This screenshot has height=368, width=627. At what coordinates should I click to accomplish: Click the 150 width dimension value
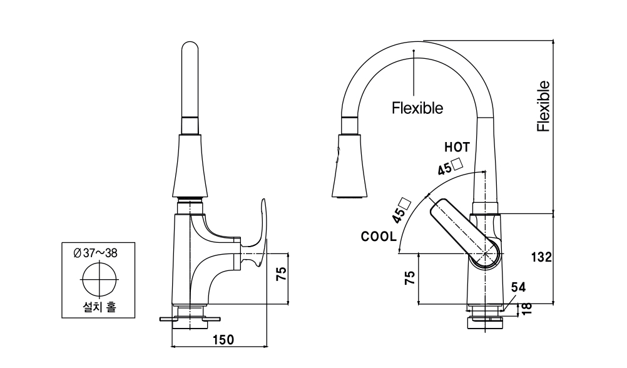223,340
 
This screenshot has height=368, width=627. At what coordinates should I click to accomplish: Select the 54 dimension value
518,287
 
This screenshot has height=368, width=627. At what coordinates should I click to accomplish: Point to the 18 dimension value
526,307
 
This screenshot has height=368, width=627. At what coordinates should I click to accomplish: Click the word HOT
457,148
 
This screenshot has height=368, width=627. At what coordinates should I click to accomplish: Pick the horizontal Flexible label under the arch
417,108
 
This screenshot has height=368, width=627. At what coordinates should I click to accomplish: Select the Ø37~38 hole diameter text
96,253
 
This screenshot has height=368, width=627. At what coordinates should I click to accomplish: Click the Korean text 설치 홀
99,307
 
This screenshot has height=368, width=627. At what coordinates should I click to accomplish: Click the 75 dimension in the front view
281,273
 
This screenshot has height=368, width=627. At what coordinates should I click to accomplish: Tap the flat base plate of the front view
190,319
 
